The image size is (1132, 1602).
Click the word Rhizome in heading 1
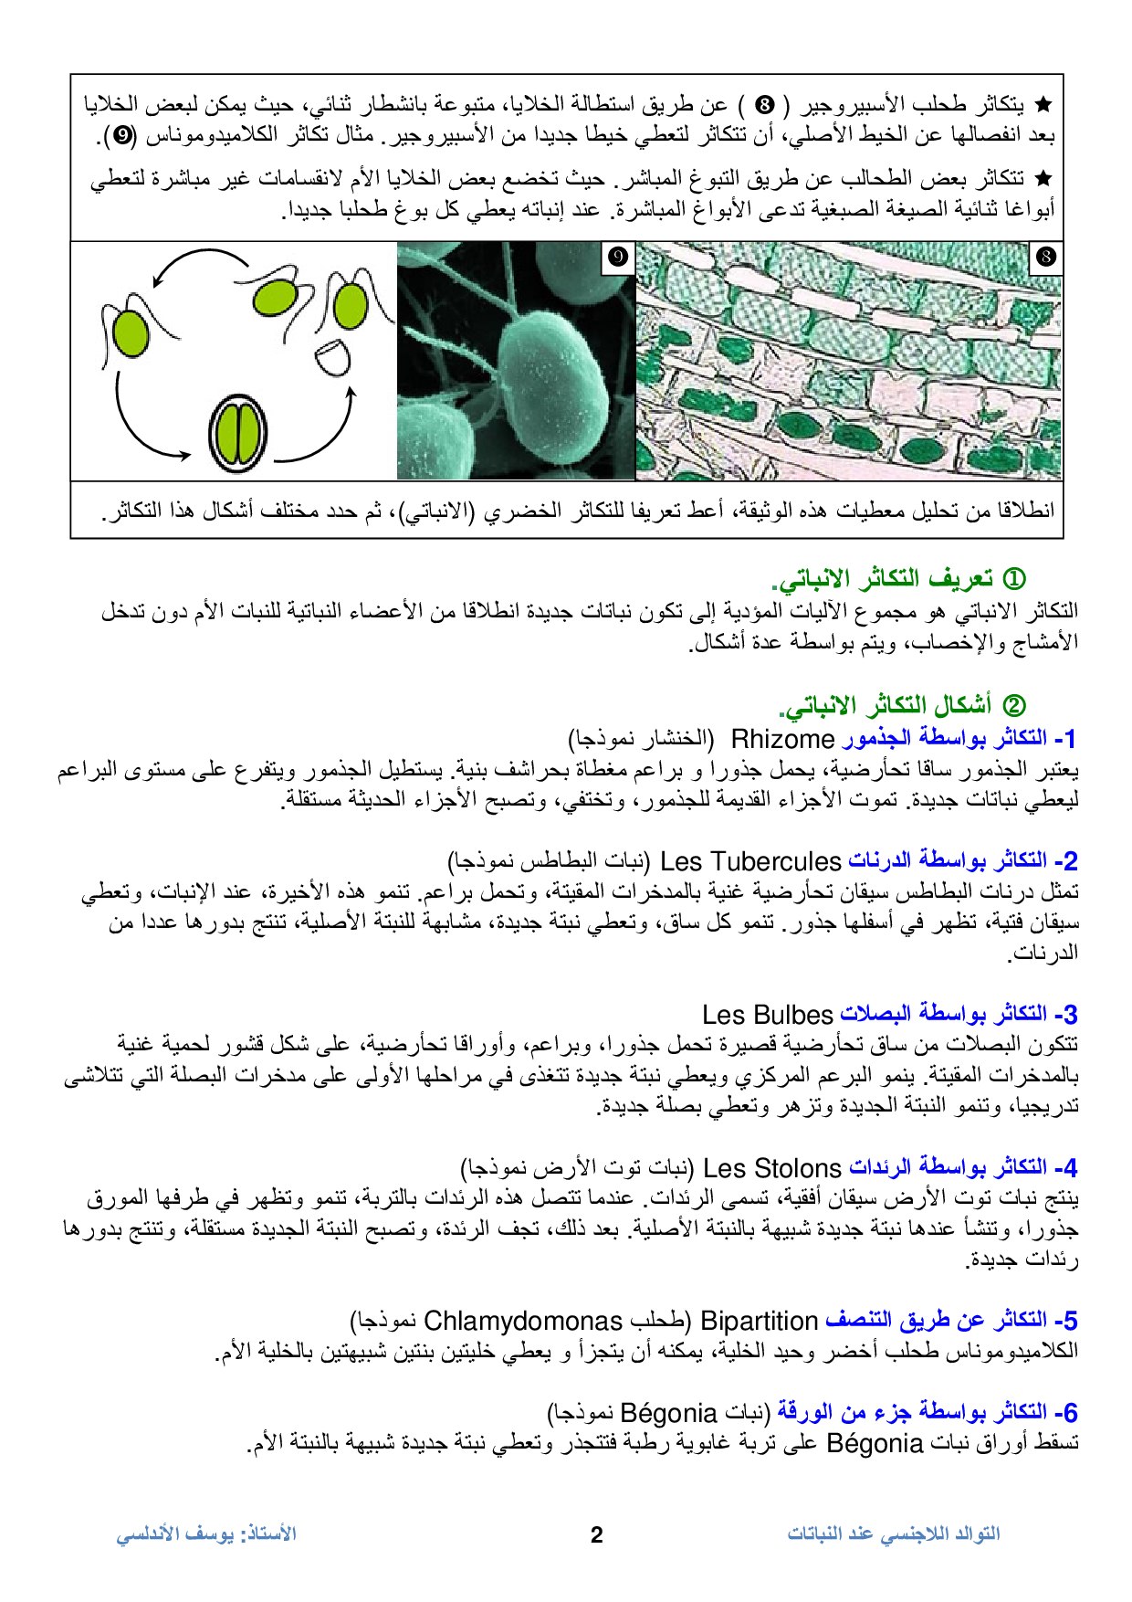coord(783,739)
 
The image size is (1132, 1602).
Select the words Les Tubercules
coord(749,861)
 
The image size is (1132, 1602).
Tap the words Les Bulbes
coord(768,1015)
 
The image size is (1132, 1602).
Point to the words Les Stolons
coord(772,1168)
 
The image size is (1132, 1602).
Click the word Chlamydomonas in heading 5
coord(523,1322)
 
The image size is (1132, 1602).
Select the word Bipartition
coord(759,1322)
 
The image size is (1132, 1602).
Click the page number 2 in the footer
coord(597,1534)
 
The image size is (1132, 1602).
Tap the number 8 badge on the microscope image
coord(1045,258)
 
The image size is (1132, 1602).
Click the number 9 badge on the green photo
coord(618,258)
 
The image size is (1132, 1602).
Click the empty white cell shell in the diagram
coord(331,357)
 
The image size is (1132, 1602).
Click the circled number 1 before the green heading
coord(1014,580)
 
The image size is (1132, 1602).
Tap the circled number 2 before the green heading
coord(1014,706)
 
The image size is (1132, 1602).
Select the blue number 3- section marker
coord(1065,1015)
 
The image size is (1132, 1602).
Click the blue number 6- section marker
coord(1065,1413)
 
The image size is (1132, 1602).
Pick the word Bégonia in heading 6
coord(667,1414)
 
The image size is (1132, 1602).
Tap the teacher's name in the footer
coord(206,1534)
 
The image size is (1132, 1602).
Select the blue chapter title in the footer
coord(894,1534)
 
